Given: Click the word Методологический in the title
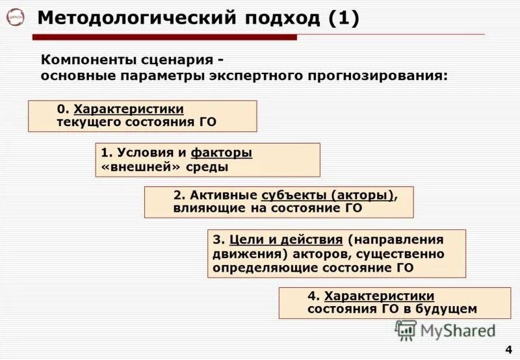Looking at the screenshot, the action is [136, 18].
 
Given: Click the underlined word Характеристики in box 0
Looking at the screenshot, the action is [129, 109].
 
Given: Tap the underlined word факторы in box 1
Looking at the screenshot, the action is [221, 153].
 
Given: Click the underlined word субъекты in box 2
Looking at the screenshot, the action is [293, 196].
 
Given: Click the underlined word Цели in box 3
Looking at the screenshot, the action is [244, 239].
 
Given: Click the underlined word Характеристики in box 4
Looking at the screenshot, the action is [379, 296].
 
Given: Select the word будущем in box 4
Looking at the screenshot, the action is [449, 309].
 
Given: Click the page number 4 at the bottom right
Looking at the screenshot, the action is [508, 350].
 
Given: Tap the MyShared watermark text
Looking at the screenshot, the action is [458, 331].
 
